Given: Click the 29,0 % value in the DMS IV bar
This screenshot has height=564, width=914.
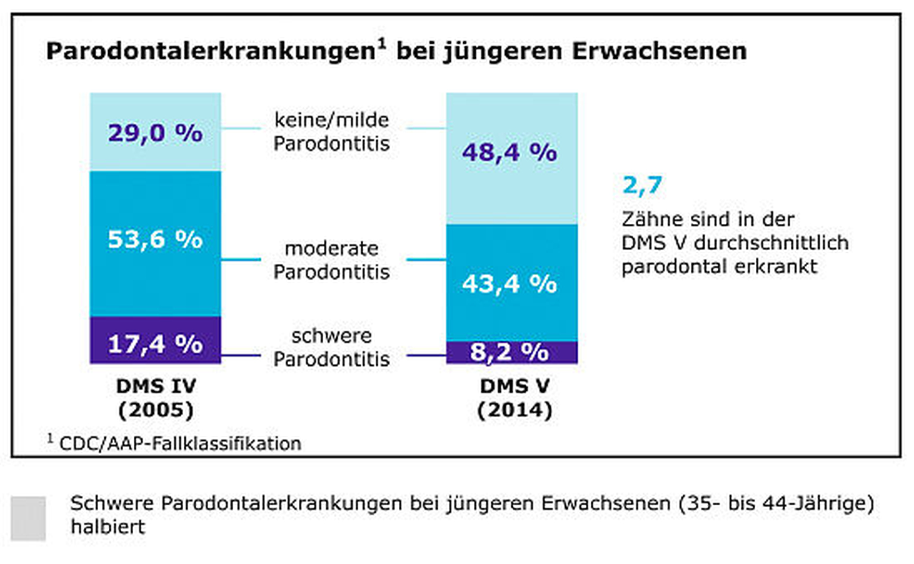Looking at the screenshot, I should tap(155, 133).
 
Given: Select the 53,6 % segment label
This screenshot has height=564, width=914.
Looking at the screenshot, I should tap(155, 239).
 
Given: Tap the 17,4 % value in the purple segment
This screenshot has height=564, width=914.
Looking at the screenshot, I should tap(155, 344).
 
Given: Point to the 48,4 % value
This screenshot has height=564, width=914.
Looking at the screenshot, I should tap(509, 153).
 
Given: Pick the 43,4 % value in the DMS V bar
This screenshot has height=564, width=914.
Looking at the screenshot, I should tap(509, 283).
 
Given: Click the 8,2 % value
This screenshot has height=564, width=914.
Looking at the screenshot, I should tap(509, 352).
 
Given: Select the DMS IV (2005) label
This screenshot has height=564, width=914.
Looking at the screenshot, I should tap(156, 398).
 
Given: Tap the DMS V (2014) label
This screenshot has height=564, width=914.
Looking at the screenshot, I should tap(514, 398).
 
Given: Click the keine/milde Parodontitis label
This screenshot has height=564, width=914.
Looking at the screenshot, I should tap(331, 131).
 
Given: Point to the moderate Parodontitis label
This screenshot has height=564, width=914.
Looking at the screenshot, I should tap(331, 260).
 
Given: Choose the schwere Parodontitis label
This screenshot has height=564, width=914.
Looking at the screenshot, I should tap(331, 347).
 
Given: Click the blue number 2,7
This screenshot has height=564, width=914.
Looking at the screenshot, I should tap(642, 185).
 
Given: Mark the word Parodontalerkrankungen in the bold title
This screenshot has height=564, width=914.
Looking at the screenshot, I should tap(210, 51).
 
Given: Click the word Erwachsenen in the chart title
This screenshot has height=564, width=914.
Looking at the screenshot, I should tap(659, 51).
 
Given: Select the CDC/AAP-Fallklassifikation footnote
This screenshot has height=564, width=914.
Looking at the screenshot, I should tap(180, 443).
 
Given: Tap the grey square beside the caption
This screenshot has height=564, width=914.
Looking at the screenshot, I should tap(28, 518).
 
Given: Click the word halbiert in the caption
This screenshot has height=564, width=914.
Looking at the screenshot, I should tap(108, 527).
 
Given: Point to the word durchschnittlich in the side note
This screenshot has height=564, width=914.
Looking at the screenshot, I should tap(771, 243).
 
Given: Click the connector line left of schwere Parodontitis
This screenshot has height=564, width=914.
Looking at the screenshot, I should tap(241, 356).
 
